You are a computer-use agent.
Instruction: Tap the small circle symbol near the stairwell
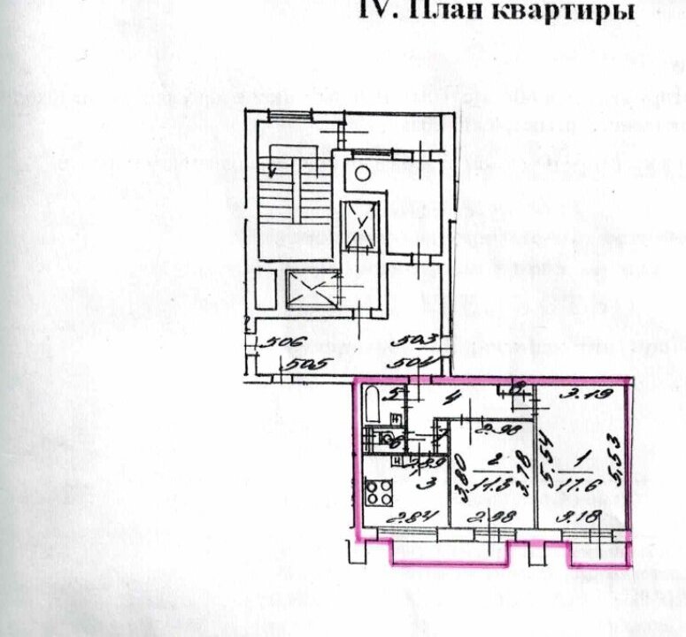pos(361,173)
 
